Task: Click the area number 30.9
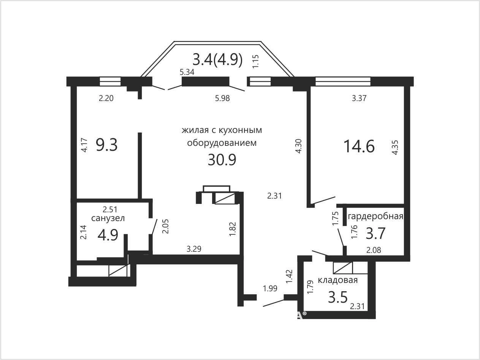point(222,160)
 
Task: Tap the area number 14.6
point(359,146)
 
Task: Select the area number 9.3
point(107,145)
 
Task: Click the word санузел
point(108,218)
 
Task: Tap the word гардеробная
point(375,216)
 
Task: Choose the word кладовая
point(337,280)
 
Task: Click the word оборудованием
point(222,143)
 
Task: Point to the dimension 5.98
point(222,98)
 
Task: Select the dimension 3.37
point(359,98)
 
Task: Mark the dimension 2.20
point(106,98)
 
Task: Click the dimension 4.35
point(395,147)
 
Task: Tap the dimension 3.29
point(194,249)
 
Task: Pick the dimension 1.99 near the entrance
point(270,289)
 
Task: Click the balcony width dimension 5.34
point(187,72)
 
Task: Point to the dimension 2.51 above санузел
point(110,210)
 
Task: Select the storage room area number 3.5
point(337,297)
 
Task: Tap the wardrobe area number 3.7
point(375,234)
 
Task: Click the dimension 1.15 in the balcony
point(255,62)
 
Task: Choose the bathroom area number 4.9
point(108,235)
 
